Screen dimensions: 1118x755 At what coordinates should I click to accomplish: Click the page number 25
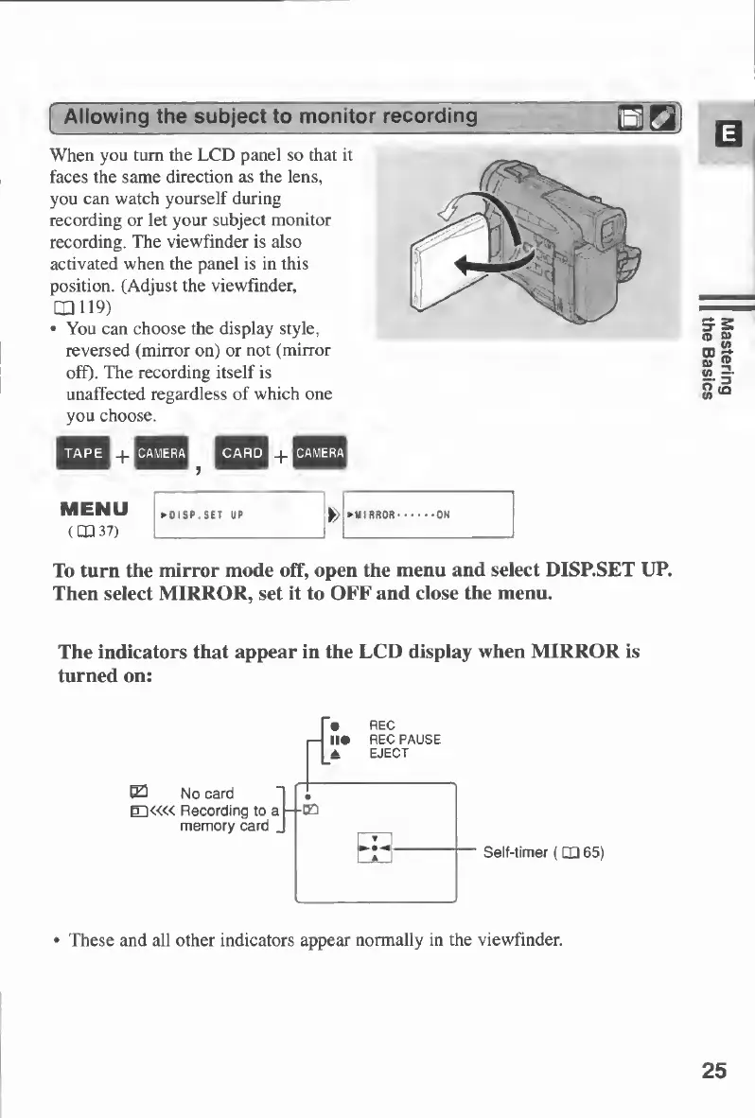[714, 1071]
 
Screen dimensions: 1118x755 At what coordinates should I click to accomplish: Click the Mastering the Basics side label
[718, 358]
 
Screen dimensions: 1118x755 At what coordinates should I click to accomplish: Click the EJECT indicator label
[388, 754]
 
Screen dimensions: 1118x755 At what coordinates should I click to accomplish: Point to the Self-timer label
[542, 852]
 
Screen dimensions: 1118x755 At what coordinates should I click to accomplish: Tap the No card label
[206, 793]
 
